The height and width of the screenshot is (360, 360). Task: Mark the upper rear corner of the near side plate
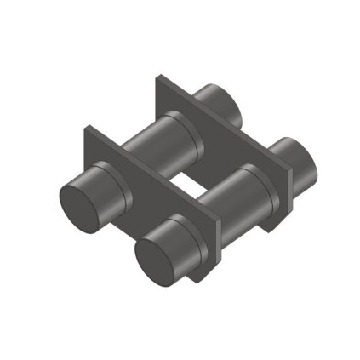(88, 129)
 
